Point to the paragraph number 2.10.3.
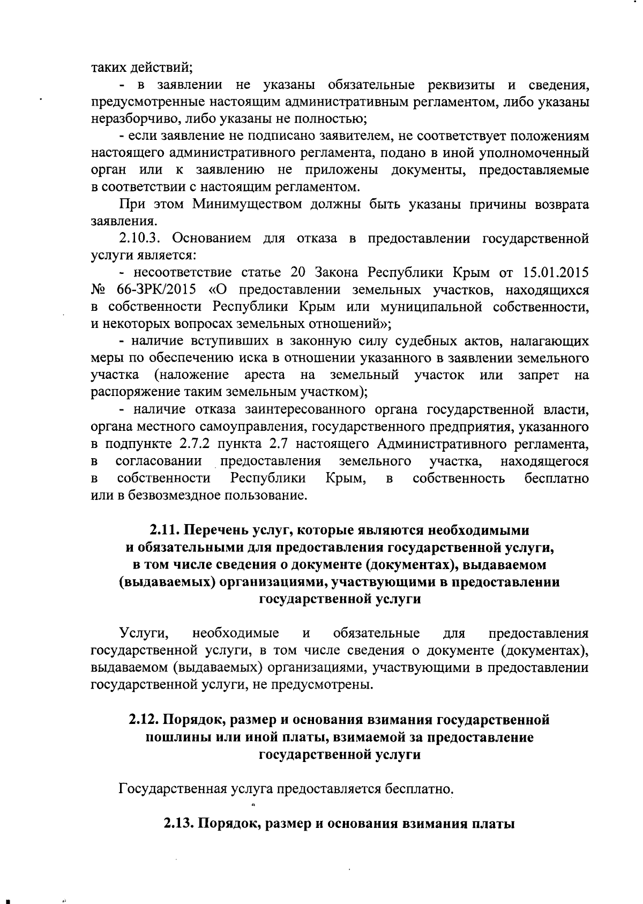(x=141, y=238)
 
